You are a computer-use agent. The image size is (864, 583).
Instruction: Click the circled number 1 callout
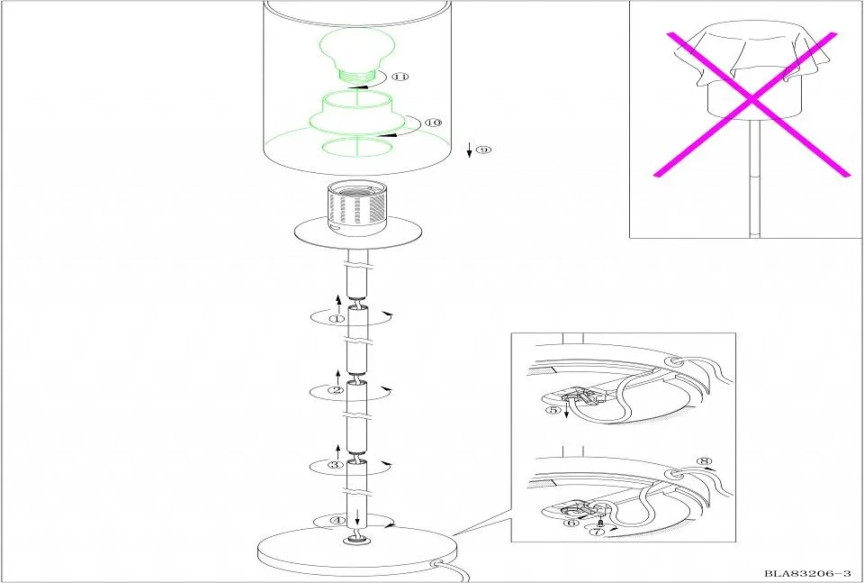337,318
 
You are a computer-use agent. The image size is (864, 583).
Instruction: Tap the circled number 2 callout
336,390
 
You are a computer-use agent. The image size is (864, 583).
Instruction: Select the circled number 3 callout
336,464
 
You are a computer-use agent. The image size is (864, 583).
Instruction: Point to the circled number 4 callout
337,520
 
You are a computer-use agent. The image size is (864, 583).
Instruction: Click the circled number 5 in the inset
553,410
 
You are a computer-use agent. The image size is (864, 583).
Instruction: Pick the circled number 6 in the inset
572,523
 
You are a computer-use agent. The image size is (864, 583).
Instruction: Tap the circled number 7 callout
597,532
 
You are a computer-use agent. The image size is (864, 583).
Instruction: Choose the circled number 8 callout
704,461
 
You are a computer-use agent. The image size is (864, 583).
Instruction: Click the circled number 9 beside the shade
483,150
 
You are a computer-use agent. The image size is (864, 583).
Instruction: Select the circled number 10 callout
434,123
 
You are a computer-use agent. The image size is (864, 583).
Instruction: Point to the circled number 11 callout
400,76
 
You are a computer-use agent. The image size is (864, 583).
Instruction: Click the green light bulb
357,56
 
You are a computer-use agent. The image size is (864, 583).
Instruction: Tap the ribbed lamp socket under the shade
357,208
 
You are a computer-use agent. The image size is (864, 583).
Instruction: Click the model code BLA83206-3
808,574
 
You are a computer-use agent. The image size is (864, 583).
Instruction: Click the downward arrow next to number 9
470,150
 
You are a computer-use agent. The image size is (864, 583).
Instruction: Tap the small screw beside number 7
600,522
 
